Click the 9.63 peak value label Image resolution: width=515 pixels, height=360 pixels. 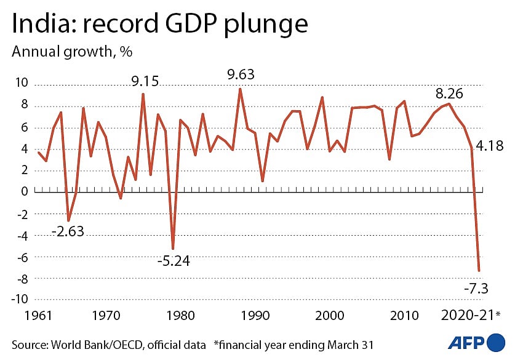(x=241, y=75)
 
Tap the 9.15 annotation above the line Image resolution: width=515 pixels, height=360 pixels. (x=143, y=81)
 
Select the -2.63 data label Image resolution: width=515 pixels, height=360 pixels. (x=68, y=231)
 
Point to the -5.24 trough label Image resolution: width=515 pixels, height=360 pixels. (x=174, y=260)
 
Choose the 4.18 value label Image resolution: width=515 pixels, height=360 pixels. (x=488, y=146)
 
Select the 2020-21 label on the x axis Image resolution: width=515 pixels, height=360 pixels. (x=468, y=316)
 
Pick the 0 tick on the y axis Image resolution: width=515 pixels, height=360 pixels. (x=24, y=191)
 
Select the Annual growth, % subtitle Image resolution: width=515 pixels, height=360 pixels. (x=73, y=51)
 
